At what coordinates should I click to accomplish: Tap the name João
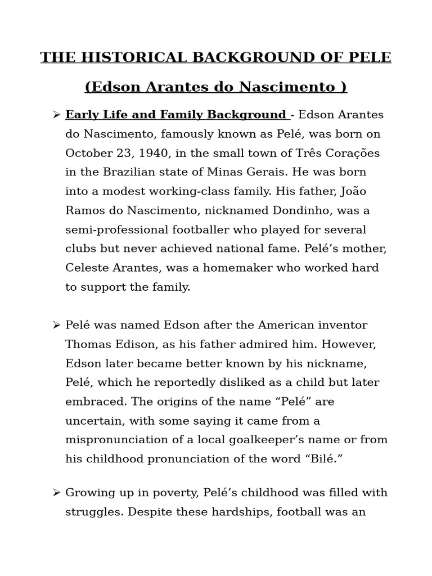[353, 191]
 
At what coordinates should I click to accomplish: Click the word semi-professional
[116, 229]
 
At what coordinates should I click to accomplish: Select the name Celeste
[88, 268]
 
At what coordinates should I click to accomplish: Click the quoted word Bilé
[323, 459]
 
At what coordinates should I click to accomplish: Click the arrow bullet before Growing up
[56, 493]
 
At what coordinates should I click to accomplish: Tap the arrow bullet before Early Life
[56, 115]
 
